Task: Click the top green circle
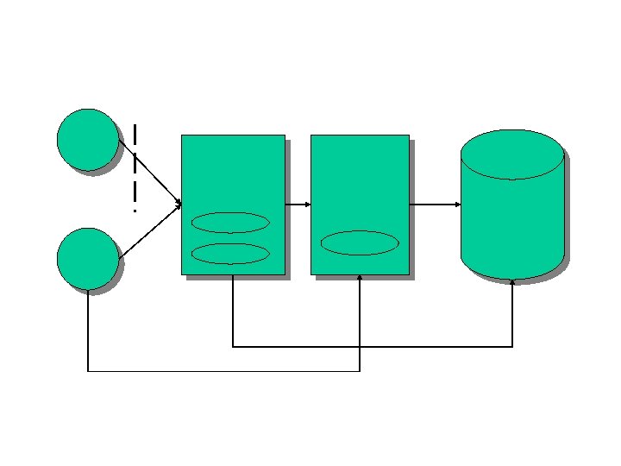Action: [x=87, y=139]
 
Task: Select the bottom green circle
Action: [x=87, y=258]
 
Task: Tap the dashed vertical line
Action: [x=135, y=168]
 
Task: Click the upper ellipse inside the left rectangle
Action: [x=230, y=223]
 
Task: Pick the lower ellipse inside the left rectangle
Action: [x=230, y=254]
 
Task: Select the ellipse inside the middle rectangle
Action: [x=360, y=242]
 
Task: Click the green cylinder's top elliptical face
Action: [x=512, y=154]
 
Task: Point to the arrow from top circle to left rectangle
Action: [x=151, y=173]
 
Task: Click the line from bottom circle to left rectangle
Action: [x=151, y=231]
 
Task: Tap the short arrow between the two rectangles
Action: [x=298, y=205]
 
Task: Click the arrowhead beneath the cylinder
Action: [x=512, y=282]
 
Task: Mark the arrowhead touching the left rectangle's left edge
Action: [x=178, y=205]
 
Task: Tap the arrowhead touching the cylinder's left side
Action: [x=457, y=205]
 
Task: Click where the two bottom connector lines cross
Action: [x=360, y=347]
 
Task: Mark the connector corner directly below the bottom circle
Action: [x=88, y=372]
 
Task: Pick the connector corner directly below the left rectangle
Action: [x=233, y=347]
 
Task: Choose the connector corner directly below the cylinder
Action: [x=512, y=347]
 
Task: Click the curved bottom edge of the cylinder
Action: [x=512, y=278]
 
